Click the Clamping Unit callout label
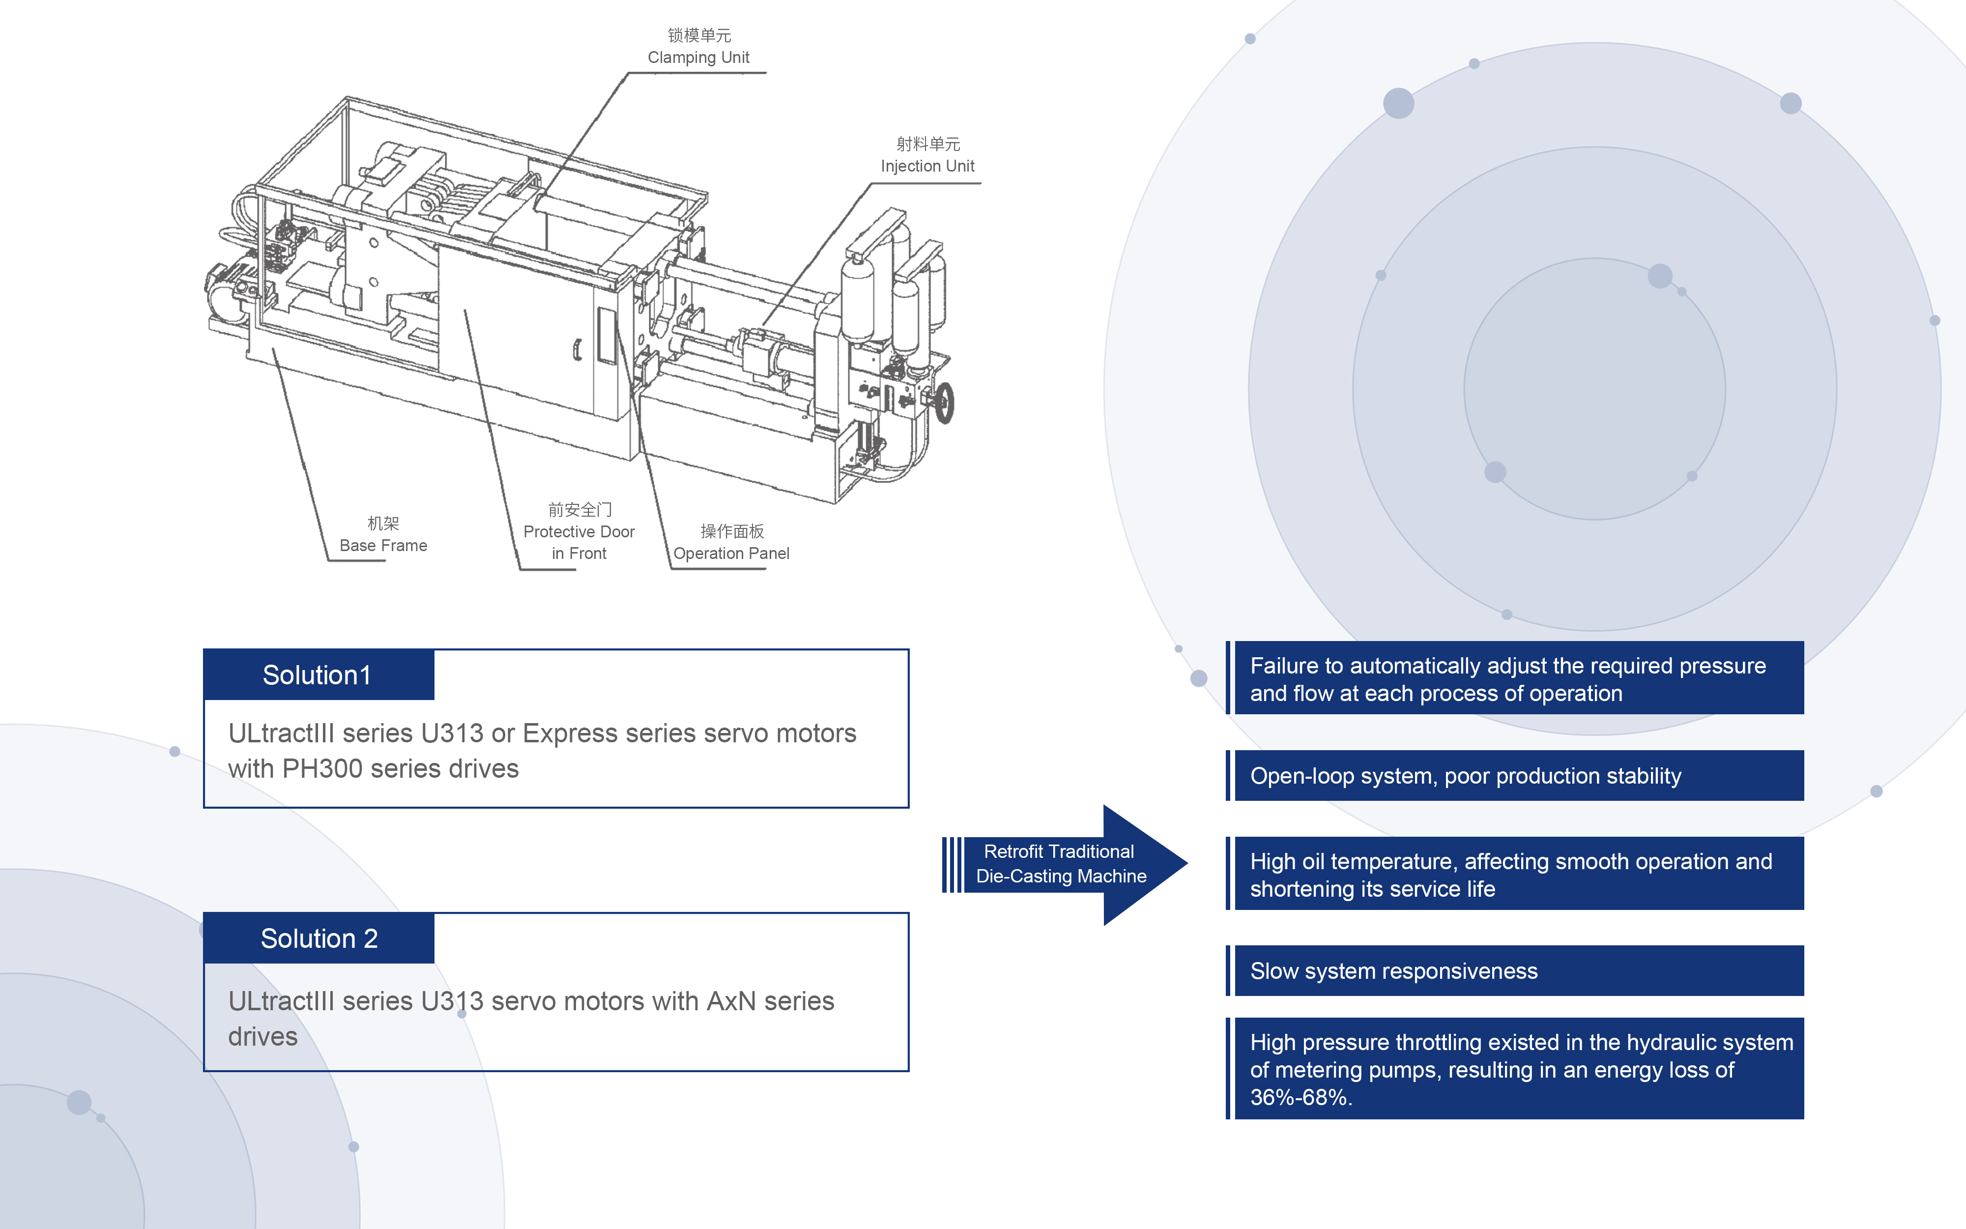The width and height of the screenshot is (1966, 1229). coord(698,57)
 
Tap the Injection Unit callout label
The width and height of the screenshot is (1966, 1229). coord(927,166)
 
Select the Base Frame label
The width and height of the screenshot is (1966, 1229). coord(383,545)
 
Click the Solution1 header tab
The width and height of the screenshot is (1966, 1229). coord(318,674)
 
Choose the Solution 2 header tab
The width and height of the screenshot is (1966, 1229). coord(318,938)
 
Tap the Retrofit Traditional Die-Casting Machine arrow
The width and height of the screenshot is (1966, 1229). coord(1061,864)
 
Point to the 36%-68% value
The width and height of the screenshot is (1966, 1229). coord(1300,1097)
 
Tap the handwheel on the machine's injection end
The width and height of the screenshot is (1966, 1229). coord(944,402)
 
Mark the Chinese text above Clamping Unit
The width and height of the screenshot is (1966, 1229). coord(698,35)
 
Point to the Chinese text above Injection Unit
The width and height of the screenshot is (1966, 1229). coord(928,144)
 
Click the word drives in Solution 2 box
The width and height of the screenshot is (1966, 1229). coord(262,1037)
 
